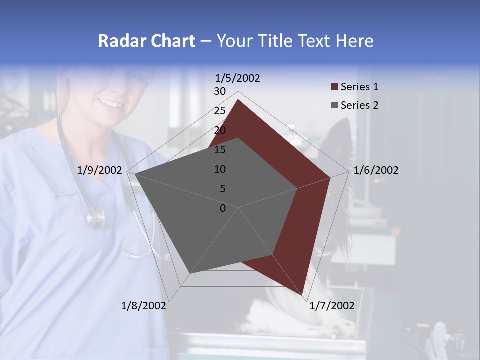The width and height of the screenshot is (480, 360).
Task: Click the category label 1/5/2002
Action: coord(238,78)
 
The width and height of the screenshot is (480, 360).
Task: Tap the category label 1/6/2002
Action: coord(376,170)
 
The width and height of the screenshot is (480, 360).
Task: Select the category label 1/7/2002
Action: coord(332,306)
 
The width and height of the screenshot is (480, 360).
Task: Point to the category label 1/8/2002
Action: coord(144,306)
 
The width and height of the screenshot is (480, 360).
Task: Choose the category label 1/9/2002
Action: coord(100,170)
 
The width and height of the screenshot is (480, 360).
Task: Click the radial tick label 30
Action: coord(220,91)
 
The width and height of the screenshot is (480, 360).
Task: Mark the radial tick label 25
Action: coord(220,111)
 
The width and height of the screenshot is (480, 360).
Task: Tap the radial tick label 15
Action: coord(220,150)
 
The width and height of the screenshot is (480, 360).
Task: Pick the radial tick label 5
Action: coord(222,189)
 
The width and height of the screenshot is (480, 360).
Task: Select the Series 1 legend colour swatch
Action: coord(335,87)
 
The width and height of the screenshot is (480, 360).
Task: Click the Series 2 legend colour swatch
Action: coord(335,105)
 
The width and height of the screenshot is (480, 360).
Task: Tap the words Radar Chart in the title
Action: coord(146,41)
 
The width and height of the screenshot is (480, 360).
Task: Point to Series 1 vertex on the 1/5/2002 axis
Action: coord(238,100)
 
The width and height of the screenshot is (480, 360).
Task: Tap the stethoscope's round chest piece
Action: coord(95,217)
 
